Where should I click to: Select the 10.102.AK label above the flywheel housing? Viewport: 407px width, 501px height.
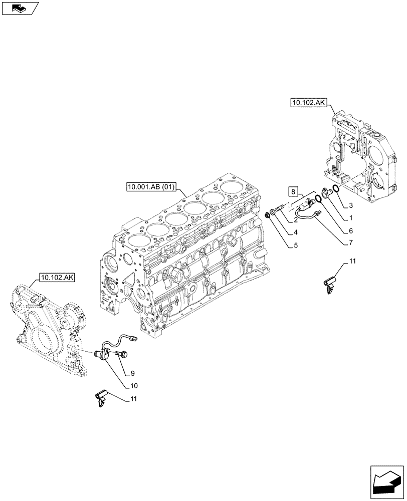(308, 103)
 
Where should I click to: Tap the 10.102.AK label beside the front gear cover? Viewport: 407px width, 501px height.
(55, 278)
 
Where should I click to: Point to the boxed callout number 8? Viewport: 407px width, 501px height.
(293, 191)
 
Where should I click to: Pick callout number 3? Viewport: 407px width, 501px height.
(351, 205)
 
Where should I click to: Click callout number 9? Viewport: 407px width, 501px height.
(133, 373)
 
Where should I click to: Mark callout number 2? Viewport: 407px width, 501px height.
(296, 219)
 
